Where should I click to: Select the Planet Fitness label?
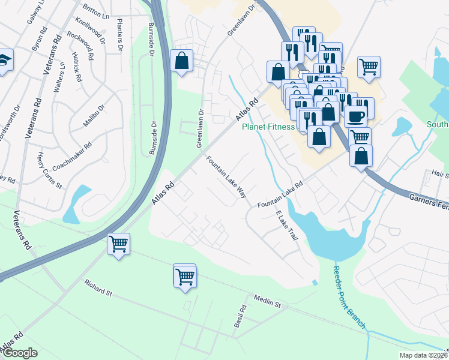pos(268,127)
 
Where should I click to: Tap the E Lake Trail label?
pos(287,226)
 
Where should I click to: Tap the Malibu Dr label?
pos(94,116)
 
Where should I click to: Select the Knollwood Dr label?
pos(90,30)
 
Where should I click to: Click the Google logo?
pos(20,353)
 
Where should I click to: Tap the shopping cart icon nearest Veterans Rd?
pos(119,244)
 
